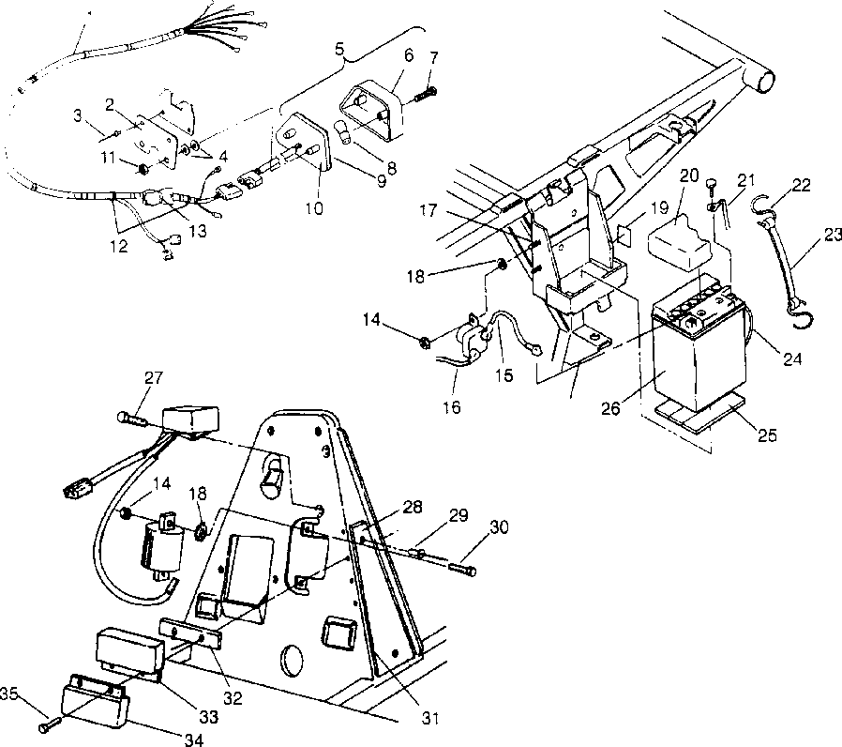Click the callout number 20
click(689, 175)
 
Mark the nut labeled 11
click(143, 170)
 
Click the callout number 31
click(429, 719)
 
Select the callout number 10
click(313, 208)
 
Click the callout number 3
click(77, 115)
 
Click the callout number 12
click(117, 247)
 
